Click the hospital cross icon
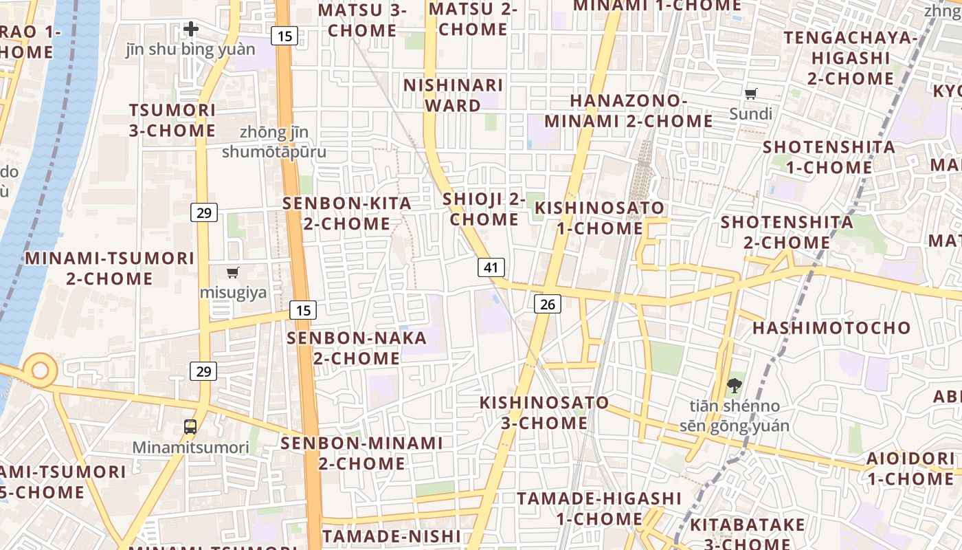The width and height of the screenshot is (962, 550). tap(191, 29)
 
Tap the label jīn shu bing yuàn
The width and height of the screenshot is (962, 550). tap(190, 49)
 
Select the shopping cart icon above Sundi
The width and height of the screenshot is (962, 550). tap(751, 93)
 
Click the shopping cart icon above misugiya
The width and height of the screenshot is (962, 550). tap(233, 273)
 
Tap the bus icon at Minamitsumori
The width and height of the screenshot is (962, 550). tap(190, 427)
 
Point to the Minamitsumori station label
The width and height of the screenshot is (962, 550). tap(190, 448)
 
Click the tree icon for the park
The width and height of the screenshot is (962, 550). tap(734, 386)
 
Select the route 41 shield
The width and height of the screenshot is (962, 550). tap(491, 267)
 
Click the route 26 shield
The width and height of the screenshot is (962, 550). tap(547, 303)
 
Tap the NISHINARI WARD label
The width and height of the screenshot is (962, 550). tap(453, 95)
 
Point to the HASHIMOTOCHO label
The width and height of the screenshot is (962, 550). tap(831, 328)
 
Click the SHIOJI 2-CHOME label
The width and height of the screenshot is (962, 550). tap(484, 209)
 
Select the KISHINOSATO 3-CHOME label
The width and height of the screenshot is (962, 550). tap(544, 412)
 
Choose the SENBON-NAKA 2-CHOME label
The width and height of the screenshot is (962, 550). tap(357, 348)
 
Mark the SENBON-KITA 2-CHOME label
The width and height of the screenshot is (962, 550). tap(347, 213)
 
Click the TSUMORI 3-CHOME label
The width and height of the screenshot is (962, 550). tap(172, 120)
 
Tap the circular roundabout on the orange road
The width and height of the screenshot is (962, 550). tap(40, 371)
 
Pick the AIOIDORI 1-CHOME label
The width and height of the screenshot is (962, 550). tap(910, 468)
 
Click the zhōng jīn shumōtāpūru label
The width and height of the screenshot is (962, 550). tap(274, 142)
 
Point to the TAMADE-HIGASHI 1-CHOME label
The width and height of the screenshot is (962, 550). tap(599, 508)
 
